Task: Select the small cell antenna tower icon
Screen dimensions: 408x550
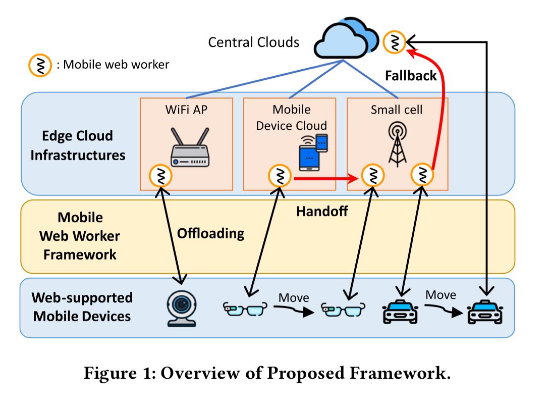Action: coord(397,144)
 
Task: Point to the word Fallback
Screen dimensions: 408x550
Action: coord(411,76)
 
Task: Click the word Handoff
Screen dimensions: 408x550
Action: coord(321,211)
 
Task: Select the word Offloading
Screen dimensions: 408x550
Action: coord(210,233)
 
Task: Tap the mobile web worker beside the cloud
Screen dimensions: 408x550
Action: coord(395,42)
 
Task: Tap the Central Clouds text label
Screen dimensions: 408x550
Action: coord(253,42)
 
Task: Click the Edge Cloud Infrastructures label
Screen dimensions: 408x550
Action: coord(78,145)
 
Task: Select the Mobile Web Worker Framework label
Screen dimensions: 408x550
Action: coord(80,236)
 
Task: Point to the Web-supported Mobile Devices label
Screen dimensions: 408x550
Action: coord(82,307)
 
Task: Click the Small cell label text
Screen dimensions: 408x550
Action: coord(396,110)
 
